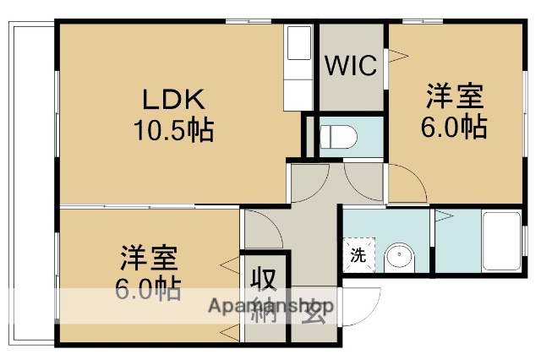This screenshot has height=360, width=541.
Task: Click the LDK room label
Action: tap(172, 100)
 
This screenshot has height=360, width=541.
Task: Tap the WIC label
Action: tap(351, 67)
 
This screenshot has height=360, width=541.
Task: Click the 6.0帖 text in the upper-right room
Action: tap(454, 127)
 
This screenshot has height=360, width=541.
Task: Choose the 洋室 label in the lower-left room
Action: tap(147, 256)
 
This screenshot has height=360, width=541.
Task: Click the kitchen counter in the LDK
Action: tap(298, 68)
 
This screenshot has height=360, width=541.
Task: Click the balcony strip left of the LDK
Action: tap(31, 182)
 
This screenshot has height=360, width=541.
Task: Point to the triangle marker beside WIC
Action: tap(396, 58)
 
